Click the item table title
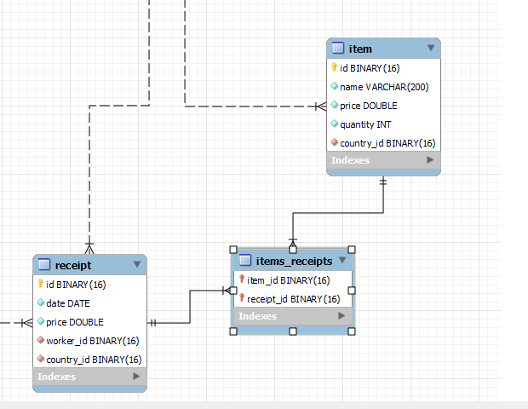(x=360, y=49)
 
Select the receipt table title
(x=73, y=266)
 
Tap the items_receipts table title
(x=294, y=261)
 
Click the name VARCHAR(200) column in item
(x=384, y=87)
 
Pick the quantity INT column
(x=365, y=124)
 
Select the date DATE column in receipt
(x=68, y=303)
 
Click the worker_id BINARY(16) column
(x=93, y=341)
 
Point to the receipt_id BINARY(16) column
(x=293, y=299)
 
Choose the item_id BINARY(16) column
(x=288, y=280)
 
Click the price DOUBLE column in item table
(x=369, y=106)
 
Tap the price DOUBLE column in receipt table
(x=75, y=322)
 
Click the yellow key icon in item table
(x=334, y=67)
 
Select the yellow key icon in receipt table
(x=40, y=284)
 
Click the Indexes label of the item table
(x=350, y=160)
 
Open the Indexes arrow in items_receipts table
(x=341, y=315)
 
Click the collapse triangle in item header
(x=431, y=48)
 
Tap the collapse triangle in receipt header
(x=137, y=264)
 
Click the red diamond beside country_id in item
(x=334, y=142)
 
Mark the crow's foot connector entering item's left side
(x=321, y=107)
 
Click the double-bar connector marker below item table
(x=383, y=182)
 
